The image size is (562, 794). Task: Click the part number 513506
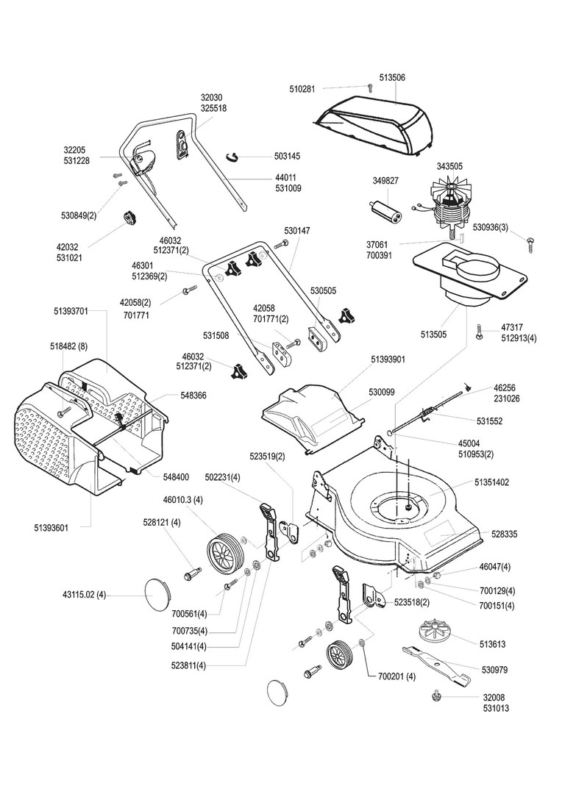(392, 77)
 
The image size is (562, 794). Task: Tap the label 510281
(302, 89)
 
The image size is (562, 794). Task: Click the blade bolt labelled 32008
(435, 694)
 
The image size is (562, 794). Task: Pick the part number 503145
(287, 157)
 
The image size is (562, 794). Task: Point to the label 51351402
(492, 482)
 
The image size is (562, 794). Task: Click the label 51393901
(388, 360)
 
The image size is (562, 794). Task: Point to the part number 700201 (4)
(397, 676)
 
